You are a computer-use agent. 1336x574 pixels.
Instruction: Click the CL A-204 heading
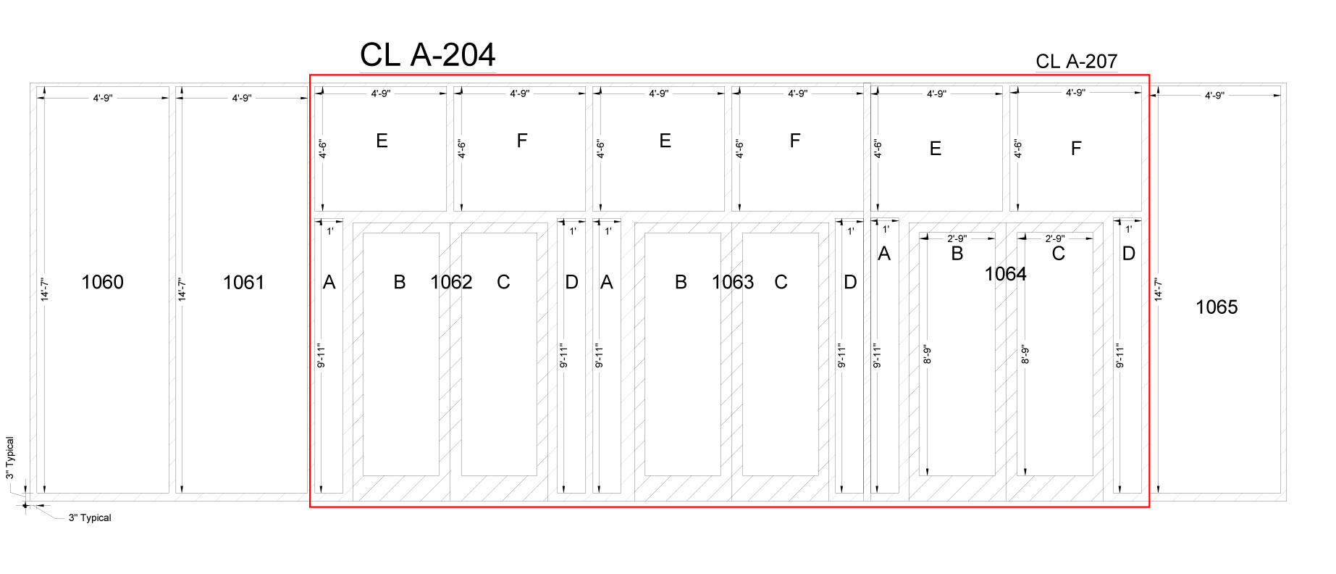coord(427,55)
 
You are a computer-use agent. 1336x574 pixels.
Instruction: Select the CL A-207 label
coord(1076,62)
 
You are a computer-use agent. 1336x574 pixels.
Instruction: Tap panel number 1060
coord(102,282)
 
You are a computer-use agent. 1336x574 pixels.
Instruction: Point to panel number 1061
coord(243,283)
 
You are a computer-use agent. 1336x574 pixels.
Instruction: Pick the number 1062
coord(451,282)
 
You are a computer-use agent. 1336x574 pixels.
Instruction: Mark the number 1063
coord(733,282)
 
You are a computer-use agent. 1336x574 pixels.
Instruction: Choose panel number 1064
coord(1005,274)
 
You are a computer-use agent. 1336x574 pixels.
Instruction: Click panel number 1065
coord(1217,307)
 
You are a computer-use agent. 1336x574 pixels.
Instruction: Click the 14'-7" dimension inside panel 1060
coord(44,289)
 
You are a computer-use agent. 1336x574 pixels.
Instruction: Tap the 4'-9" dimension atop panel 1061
coord(242,98)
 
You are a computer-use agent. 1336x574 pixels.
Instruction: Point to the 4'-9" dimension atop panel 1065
coord(1214,96)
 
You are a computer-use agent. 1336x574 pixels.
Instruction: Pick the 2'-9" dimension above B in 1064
coord(957,238)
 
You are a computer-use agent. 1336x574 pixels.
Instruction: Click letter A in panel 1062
coord(329,283)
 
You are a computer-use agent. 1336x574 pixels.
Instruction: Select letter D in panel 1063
coord(850,282)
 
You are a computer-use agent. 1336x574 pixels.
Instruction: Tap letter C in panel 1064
coord(1058,254)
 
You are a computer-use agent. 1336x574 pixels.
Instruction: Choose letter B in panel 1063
coord(681,282)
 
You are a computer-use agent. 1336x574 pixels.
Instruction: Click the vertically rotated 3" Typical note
coord(10,457)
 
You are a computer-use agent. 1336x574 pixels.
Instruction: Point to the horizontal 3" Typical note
coord(90,517)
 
